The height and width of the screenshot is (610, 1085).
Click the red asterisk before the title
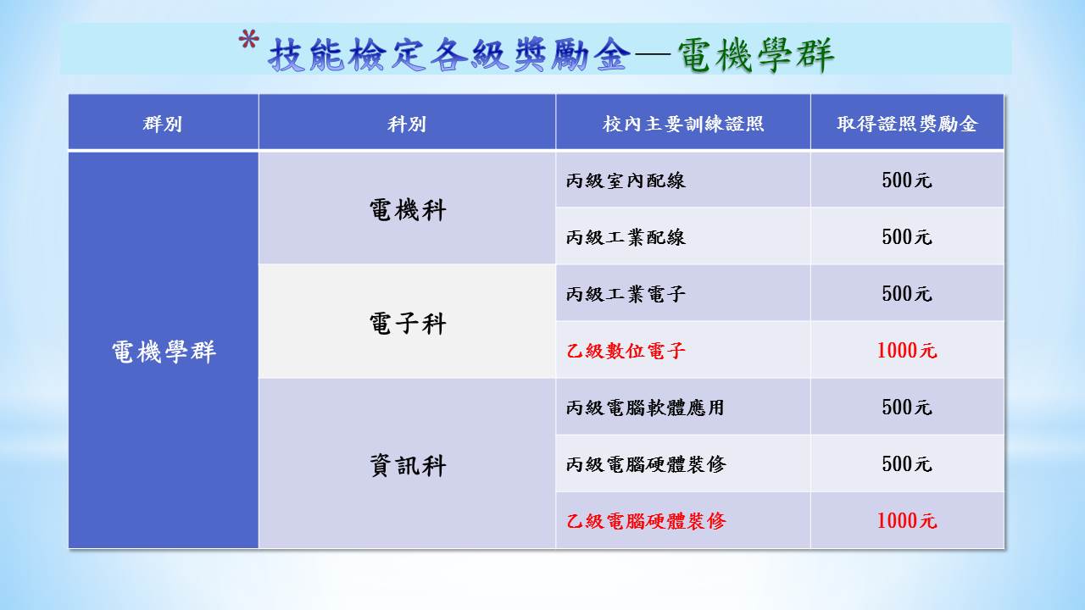click(x=249, y=40)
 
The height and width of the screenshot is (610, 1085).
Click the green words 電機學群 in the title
click(x=755, y=55)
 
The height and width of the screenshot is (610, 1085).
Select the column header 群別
click(x=163, y=124)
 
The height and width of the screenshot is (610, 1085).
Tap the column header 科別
click(x=407, y=124)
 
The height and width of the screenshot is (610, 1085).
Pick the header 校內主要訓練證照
click(x=683, y=124)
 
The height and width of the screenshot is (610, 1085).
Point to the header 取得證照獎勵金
click(x=907, y=124)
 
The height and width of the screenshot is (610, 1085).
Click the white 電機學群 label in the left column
click(x=164, y=352)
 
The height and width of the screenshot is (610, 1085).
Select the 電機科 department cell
click(x=408, y=210)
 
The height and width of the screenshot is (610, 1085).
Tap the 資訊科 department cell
click(x=408, y=466)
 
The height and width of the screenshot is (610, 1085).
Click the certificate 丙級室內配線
click(x=626, y=180)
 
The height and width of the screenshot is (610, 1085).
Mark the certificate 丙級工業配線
click(x=626, y=237)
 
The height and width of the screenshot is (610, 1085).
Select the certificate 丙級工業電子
click(x=626, y=294)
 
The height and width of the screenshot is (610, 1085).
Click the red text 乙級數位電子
click(x=626, y=351)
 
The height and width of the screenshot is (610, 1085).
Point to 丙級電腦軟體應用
click(x=645, y=408)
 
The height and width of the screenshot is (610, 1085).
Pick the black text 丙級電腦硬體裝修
click(x=646, y=464)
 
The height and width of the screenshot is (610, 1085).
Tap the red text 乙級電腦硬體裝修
click(x=646, y=521)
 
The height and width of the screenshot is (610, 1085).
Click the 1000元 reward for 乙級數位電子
click(x=907, y=351)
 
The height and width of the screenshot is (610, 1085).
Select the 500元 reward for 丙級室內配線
click(x=907, y=180)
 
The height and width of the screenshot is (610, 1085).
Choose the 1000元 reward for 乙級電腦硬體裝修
click(x=907, y=521)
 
